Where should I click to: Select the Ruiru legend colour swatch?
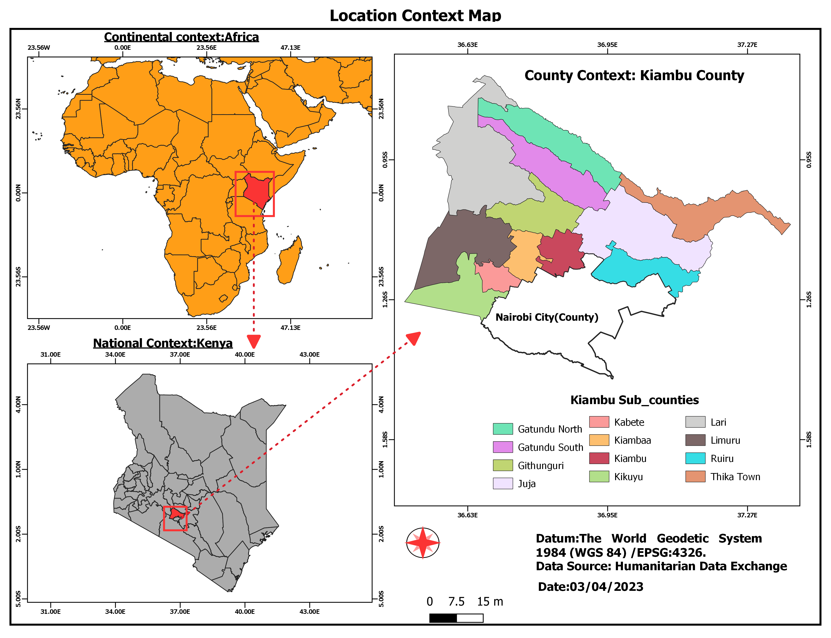click(695, 458)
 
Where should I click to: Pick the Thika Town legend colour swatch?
click(695, 477)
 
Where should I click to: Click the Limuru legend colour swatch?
click(695, 440)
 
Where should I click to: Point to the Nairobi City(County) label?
click(547, 317)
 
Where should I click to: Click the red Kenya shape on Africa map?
click(257, 190)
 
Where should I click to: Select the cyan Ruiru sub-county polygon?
click(645, 270)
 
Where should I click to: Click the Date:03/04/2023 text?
click(590, 587)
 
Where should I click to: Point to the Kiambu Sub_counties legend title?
click(634, 400)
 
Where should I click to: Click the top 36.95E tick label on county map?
click(607, 45)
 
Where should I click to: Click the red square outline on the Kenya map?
click(164, 518)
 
